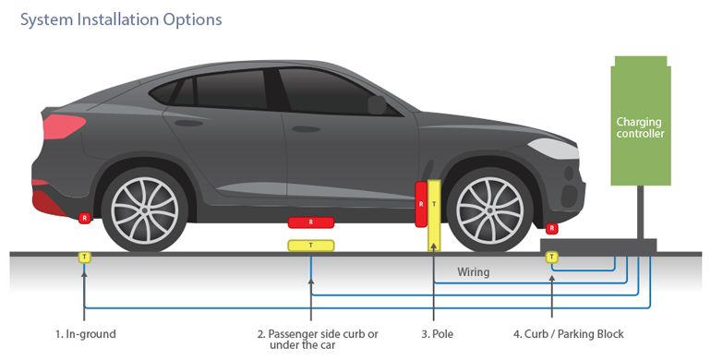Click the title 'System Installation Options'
[121, 18]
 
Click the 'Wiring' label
[474, 272]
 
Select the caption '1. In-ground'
[85, 333]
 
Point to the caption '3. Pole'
[438, 333]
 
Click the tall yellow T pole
[434, 215]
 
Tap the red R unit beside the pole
[421, 203]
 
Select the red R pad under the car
[311, 222]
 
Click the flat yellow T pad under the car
[311, 245]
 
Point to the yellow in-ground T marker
[85, 257]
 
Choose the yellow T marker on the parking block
[552, 257]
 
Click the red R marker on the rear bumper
[84, 218]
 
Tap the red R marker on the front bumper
[552, 228]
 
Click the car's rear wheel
[143, 206]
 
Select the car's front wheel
[488, 207]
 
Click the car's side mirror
[377, 104]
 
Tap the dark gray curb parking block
[597, 246]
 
